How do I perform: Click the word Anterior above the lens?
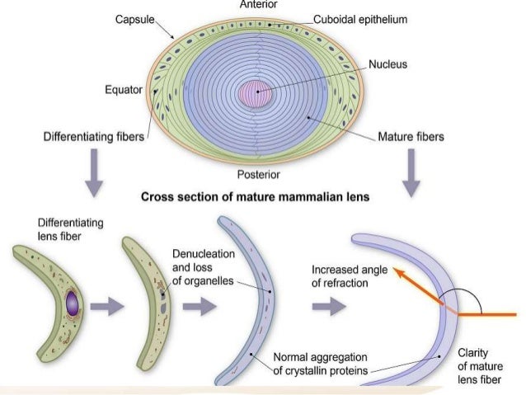pos(259,5)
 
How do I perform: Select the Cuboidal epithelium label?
pos(360,19)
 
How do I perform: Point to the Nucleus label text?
pos(387,63)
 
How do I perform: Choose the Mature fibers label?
pos(411,137)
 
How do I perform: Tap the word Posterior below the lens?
pos(259,174)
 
